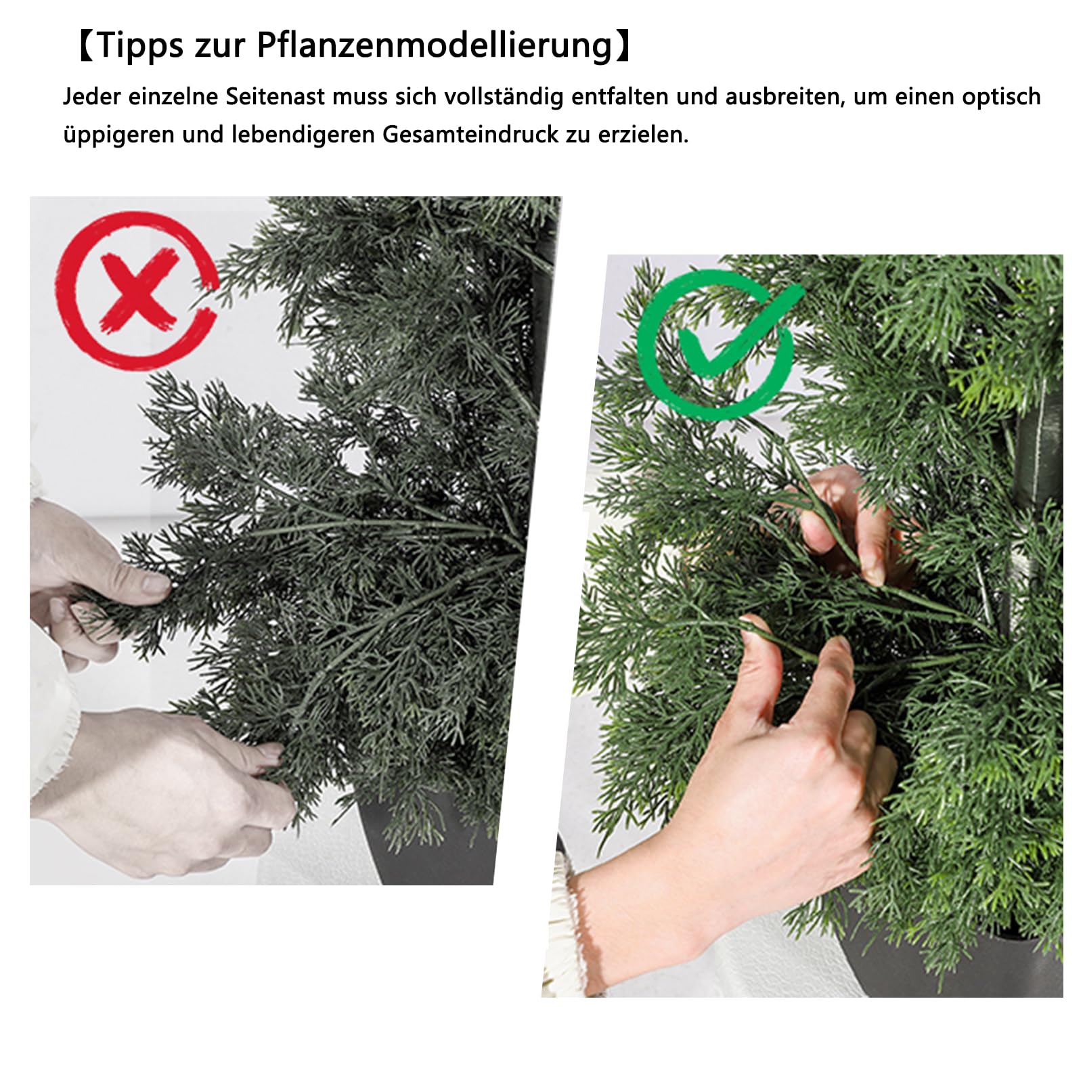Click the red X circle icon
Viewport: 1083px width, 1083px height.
pyautogui.click(x=137, y=290)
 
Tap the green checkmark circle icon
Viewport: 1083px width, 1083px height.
pyautogui.click(x=716, y=344)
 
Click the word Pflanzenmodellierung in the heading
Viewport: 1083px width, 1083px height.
pyautogui.click(x=434, y=46)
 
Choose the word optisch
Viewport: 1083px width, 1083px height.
pyautogui.click(x=1001, y=97)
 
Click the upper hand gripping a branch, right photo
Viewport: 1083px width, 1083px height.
pyautogui.click(x=846, y=521)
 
